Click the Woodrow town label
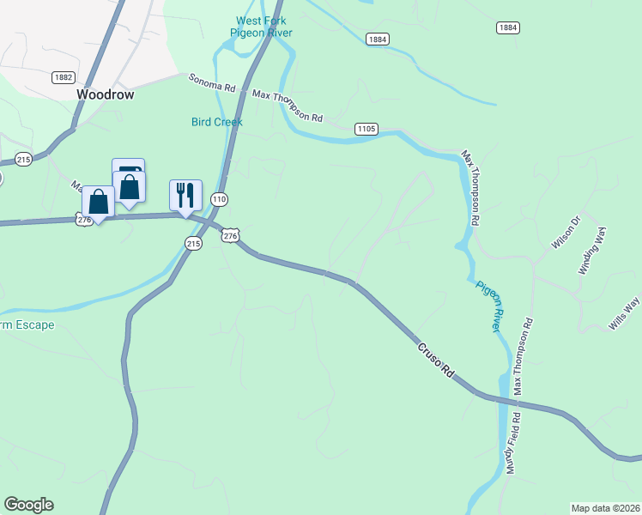[106, 94]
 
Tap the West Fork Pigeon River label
[262, 27]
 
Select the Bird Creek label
[216, 122]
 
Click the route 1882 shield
[63, 77]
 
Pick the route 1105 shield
[366, 129]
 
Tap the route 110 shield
[220, 199]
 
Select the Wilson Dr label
[566, 237]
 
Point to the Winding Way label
[592, 251]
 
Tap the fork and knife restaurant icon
[185, 195]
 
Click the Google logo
[28, 505]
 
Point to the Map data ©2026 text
[605, 507]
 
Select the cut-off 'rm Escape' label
[27, 325]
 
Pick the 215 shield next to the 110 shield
[192, 244]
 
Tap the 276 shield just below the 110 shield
[229, 235]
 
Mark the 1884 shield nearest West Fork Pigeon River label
[377, 39]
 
